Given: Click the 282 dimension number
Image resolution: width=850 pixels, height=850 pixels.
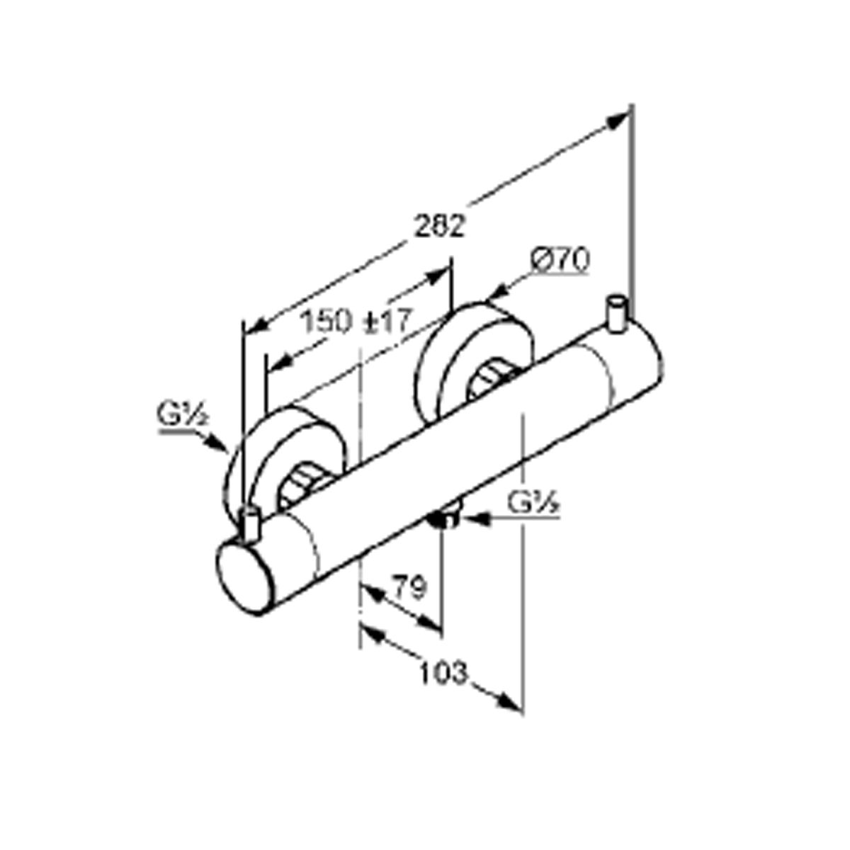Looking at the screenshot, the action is click(x=440, y=226).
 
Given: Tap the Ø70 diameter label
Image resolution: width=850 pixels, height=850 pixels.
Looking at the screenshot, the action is click(x=560, y=260).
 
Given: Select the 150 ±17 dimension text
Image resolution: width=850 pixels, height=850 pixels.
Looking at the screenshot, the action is click(x=356, y=321).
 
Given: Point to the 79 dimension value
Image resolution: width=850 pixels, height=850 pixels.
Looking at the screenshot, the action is click(x=410, y=587).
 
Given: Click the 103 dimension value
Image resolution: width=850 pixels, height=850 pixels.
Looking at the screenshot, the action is click(x=443, y=684).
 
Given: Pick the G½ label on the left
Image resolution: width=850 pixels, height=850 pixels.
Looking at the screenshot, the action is click(x=182, y=414).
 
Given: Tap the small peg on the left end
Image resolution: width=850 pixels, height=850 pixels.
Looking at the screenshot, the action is click(x=249, y=524).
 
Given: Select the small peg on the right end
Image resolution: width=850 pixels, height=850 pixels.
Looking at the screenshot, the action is click(x=617, y=314).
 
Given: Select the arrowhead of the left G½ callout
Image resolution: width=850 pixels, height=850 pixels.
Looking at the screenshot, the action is click(x=219, y=443).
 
